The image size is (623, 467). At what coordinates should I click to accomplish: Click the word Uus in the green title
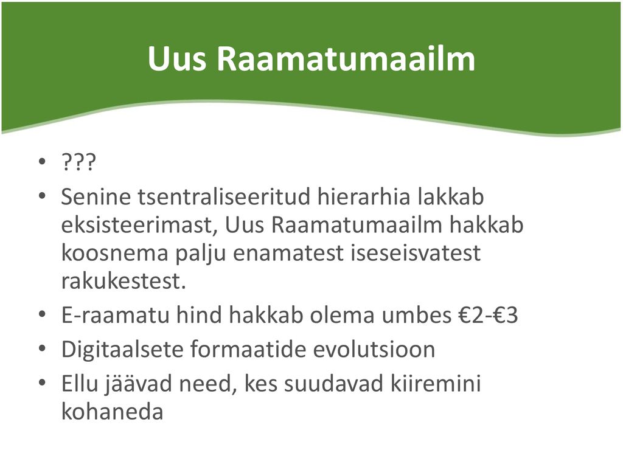click(x=177, y=59)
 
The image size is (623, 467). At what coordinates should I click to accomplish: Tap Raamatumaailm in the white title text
click(x=346, y=59)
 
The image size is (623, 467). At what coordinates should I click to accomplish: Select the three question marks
click(x=78, y=162)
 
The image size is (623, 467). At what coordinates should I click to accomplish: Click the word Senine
click(x=96, y=196)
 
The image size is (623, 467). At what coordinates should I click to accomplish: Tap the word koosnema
click(x=115, y=253)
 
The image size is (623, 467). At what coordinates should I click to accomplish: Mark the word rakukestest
click(x=124, y=281)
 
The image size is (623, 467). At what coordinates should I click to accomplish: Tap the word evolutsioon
click(x=374, y=350)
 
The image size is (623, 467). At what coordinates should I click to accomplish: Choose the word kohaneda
click(x=113, y=412)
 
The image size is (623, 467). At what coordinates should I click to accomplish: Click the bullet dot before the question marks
click(x=42, y=162)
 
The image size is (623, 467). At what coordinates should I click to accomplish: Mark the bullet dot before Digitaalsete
click(x=42, y=349)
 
